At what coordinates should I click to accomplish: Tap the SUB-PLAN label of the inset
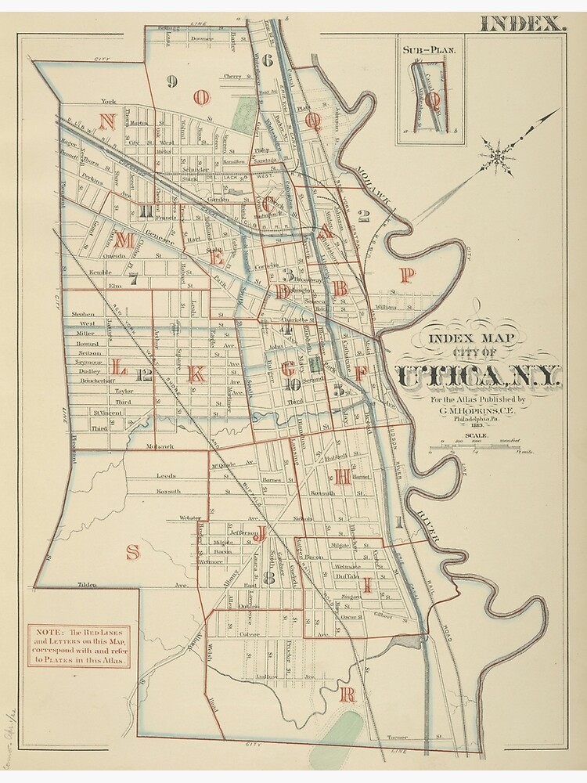pos(429,49)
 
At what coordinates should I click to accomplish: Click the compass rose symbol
pos(495,157)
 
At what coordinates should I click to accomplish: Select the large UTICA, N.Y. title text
pos(478,377)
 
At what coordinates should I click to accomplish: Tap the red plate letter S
pos(133,551)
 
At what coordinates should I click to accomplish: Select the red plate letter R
pos(348,694)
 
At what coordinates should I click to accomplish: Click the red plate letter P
pos(406,274)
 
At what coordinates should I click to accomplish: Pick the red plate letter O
pos(202,97)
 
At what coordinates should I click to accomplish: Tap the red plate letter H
pos(342,479)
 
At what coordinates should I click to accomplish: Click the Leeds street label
pos(166,475)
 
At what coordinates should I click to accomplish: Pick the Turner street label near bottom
pos(398,737)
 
